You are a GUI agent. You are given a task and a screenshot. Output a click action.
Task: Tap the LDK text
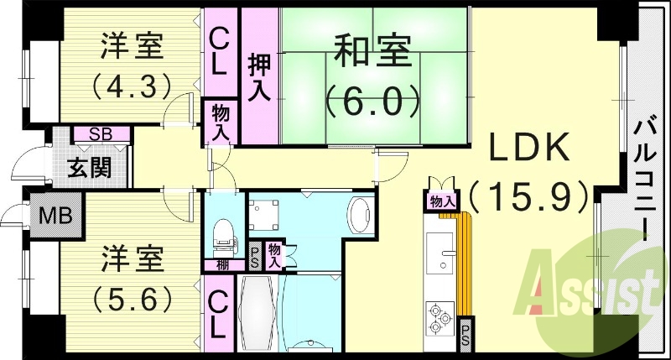[x=530, y=149]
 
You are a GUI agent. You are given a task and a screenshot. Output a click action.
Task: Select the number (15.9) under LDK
[x=530, y=196]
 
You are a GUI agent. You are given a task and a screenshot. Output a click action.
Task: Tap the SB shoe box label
[x=101, y=133]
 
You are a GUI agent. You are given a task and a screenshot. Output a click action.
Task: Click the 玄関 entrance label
[x=89, y=168]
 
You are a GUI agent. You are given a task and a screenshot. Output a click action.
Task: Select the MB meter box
[x=55, y=216]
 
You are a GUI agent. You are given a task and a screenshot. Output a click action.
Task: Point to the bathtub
[x=259, y=315]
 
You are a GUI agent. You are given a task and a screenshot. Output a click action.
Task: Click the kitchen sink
[x=440, y=252]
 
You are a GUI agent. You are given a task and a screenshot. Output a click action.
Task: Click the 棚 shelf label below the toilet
[x=220, y=265]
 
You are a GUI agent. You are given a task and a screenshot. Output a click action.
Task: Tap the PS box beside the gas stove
[x=466, y=335]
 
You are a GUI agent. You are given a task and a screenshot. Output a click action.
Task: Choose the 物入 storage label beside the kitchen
[x=441, y=201]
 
